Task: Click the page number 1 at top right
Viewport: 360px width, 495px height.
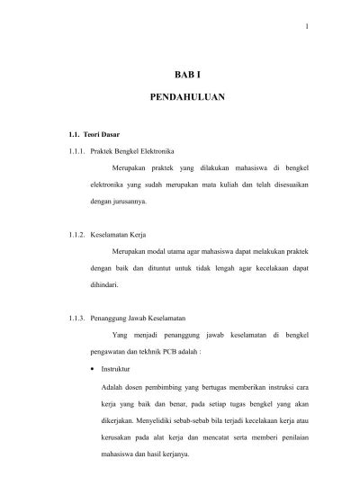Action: click(x=307, y=24)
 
